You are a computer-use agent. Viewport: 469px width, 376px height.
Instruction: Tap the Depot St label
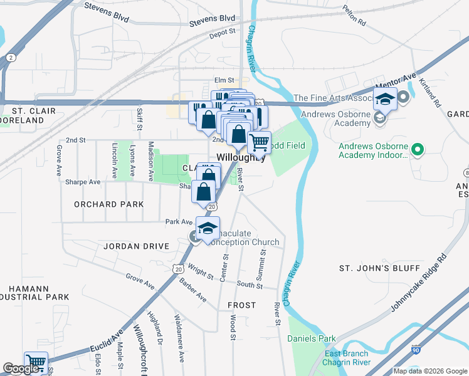click(x=223, y=31)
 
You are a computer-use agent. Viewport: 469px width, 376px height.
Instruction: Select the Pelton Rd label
click(x=354, y=11)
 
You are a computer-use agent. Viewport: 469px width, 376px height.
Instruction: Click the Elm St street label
click(x=223, y=80)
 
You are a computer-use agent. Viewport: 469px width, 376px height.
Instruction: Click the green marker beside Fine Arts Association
click(x=403, y=98)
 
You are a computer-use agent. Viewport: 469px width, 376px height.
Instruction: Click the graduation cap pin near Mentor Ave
click(x=385, y=98)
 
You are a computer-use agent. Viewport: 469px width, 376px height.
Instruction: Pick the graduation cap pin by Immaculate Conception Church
click(x=208, y=228)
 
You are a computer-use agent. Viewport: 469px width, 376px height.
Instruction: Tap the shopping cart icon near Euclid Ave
click(x=36, y=363)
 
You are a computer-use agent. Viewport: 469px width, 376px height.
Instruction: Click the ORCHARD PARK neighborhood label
click(x=108, y=204)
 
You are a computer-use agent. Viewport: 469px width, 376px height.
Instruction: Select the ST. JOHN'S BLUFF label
click(x=379, y=268)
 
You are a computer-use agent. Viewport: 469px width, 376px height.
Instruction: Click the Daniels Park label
click(x=312, y=339)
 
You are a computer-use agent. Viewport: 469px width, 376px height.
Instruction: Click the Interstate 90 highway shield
click(x=417, y=365)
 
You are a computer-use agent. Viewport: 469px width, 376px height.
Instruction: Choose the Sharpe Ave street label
click(x=83, y=182)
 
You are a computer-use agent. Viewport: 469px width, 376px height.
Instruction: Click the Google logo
click(x=21, y=368)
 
